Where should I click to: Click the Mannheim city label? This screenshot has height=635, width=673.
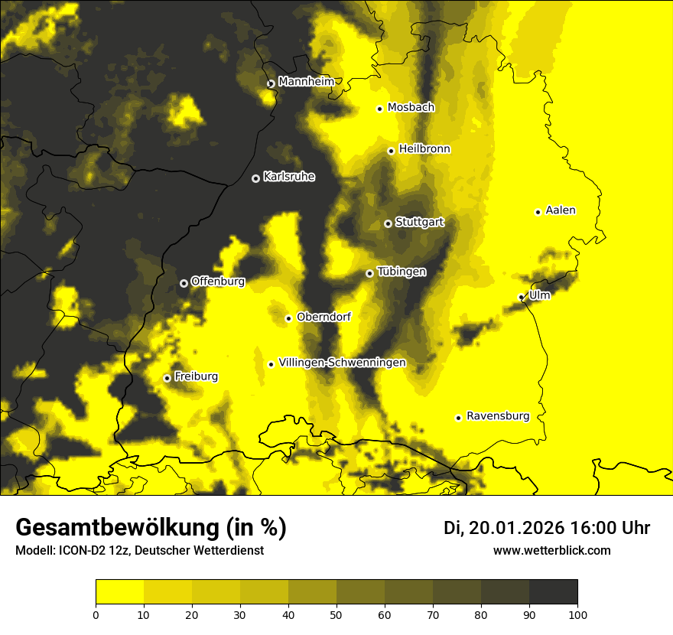click(306, 82)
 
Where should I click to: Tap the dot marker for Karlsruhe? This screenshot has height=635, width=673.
click(255, 178)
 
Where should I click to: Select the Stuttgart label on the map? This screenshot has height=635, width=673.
click(419, 223)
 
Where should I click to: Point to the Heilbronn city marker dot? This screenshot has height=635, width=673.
click(391, 151)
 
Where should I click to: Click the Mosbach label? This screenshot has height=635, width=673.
click(411, 108)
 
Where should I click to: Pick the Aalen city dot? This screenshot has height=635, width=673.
click(538, 212)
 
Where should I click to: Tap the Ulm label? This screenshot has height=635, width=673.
click(539, 295)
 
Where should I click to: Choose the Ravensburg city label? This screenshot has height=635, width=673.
click(498, 416)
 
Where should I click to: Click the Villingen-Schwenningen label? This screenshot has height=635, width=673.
click(342, 363)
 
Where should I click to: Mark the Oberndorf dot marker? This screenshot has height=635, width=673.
click(288, 318)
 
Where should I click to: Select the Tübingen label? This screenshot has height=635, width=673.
click(402, 272)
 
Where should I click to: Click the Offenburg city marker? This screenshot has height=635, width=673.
click(184, 283)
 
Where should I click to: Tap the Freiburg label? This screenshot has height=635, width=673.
click(196, 376)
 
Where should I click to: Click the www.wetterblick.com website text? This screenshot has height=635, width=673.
click(551, 550)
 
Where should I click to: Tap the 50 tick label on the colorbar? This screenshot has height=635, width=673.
click(336, 614)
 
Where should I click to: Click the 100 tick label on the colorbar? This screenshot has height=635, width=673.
click(577, 614)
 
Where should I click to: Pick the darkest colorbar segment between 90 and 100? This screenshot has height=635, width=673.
click(553, 592)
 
